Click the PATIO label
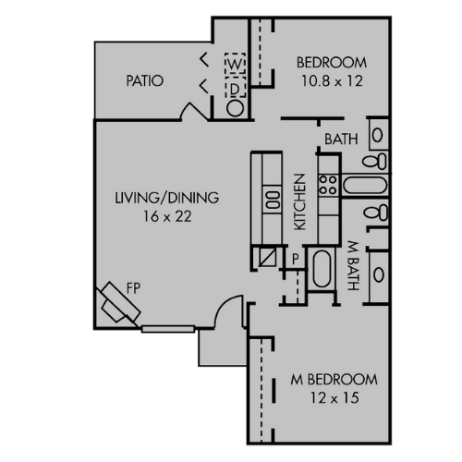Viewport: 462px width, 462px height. click(145, 81)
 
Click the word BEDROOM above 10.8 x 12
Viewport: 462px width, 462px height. click(331, 63)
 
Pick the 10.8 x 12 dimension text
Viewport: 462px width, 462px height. click(331, 80)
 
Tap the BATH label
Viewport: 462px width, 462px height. click(340, 140)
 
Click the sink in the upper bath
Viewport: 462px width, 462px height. click(379, 135)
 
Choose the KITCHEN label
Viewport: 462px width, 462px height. click(299, 201)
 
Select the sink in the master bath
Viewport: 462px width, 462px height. click(379, 274)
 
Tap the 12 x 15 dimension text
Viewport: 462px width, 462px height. click(334, 398)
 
